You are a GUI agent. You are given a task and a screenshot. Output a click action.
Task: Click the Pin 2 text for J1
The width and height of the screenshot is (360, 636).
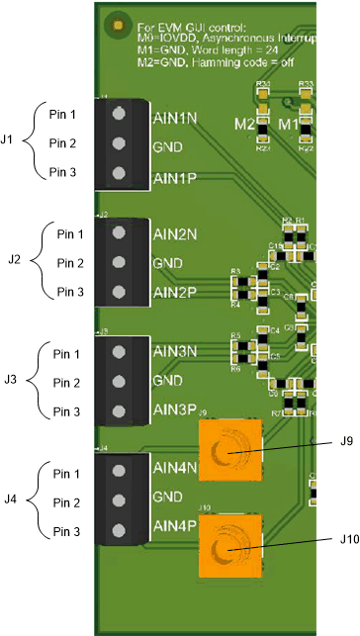[63, 143]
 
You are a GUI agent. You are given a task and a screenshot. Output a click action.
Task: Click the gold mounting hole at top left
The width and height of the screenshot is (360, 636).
[119, 23]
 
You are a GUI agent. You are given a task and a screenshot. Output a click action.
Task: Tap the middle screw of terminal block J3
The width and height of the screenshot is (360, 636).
[119, 380]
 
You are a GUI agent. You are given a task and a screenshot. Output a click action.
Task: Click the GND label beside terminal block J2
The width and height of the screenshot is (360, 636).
[167, 264]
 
